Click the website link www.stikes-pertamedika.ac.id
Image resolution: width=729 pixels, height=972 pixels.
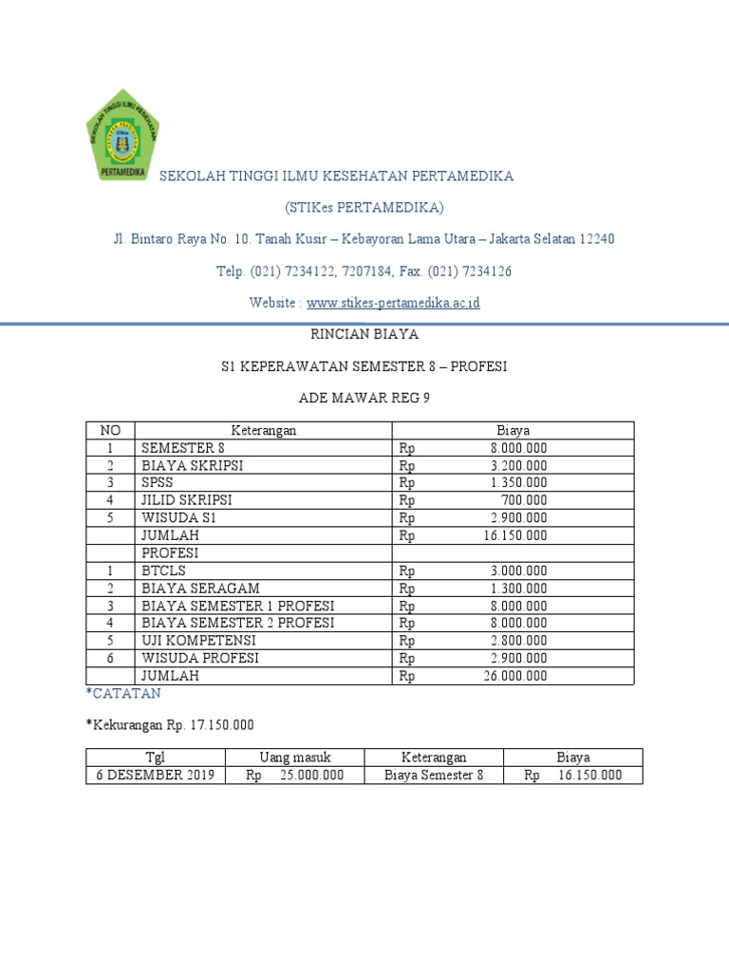[x=393, y=303]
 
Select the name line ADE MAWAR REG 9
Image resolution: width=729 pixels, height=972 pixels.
[x=364, y=399]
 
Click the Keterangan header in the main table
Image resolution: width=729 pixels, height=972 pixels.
[x=264, y=430]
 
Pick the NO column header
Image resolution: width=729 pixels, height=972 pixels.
[x=110, y=430]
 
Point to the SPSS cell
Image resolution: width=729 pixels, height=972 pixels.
[x=157, y=482]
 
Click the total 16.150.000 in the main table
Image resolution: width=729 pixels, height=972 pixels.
[x=514, y=535]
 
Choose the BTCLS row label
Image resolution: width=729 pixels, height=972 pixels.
[x=164, y=570]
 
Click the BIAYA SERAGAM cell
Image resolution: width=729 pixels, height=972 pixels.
[x=200, y=589]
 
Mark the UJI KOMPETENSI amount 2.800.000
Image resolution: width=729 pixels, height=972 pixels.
[x=518, y=641]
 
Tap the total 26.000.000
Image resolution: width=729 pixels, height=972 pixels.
[x=514, y=676]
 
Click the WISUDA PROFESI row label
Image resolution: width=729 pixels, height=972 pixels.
[x=200, y=658]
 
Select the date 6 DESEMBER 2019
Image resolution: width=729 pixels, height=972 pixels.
[x=156, y=775]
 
